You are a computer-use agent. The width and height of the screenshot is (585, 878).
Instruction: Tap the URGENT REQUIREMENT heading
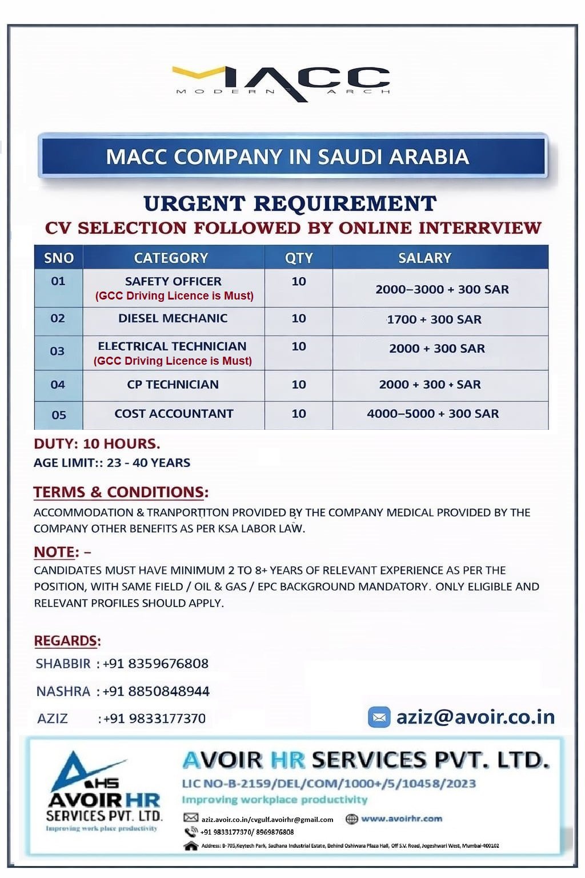290,203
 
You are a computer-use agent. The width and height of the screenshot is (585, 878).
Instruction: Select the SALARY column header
424,258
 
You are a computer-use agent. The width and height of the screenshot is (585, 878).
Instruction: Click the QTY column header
299,258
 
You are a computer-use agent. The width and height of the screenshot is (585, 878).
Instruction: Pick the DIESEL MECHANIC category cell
173,318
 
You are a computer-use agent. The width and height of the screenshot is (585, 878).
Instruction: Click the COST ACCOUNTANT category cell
174,414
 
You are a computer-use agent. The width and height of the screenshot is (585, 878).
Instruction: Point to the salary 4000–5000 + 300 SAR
432,414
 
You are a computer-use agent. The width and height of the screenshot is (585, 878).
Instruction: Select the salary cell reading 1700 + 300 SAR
434,320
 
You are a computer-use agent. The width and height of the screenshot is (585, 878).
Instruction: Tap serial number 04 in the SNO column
58,385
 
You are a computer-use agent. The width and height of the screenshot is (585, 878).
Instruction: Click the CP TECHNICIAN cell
173,385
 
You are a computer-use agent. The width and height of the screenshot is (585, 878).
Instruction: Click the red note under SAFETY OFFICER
174,296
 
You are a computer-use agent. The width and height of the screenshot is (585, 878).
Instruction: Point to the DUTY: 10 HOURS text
97,444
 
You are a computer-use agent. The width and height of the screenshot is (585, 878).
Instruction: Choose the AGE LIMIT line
112,463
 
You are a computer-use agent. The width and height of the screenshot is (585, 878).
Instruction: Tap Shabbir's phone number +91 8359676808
155,664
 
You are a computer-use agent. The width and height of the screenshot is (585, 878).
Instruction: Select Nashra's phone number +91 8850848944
156,691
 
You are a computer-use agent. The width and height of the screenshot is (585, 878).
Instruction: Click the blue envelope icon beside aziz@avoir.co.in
379,717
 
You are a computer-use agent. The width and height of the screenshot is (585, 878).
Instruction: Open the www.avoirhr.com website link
402,819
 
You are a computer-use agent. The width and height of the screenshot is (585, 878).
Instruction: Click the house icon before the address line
191,845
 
